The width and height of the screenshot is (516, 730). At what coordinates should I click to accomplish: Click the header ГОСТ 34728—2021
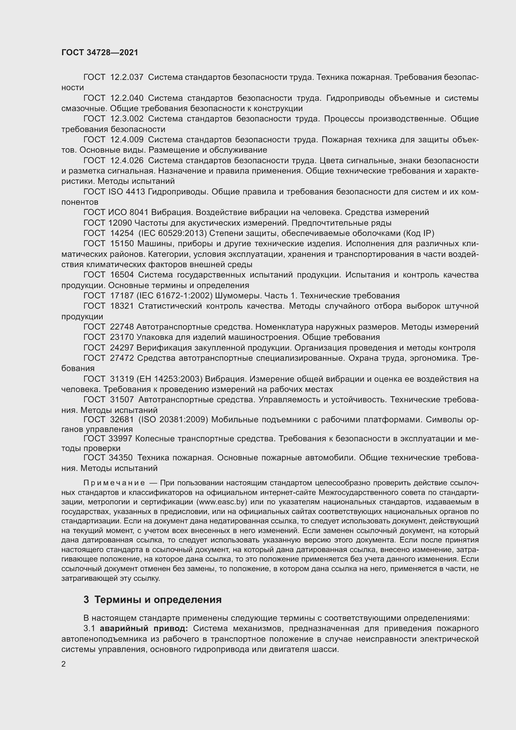tap(100, 52)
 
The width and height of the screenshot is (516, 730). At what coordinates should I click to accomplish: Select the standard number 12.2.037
tap(127, 77)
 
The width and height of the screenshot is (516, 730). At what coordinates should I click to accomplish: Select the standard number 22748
tap(122, 327)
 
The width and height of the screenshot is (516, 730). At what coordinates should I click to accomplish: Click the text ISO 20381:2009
tap(173, 420)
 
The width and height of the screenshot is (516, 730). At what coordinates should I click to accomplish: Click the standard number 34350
tap(122, 458)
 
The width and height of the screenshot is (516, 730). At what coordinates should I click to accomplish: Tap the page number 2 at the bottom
tap(64, 664)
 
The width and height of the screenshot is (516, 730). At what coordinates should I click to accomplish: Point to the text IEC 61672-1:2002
tap(174, 296)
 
